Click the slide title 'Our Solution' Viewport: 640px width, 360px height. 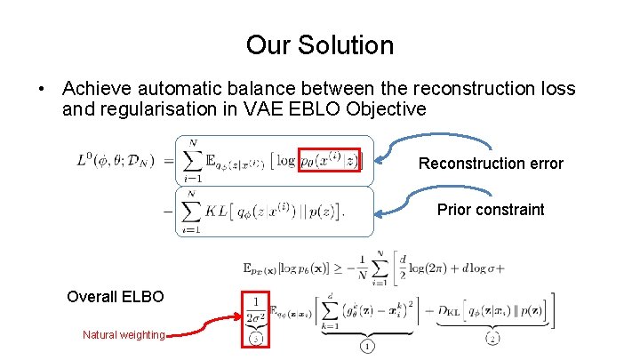point(320,44)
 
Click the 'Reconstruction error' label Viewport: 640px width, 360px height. point(491,164)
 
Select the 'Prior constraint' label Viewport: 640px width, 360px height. point(491,210)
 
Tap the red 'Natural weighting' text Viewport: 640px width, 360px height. point(124,334)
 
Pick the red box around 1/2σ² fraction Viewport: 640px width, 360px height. point(257,316)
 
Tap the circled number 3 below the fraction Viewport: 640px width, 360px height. point(257,339)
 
